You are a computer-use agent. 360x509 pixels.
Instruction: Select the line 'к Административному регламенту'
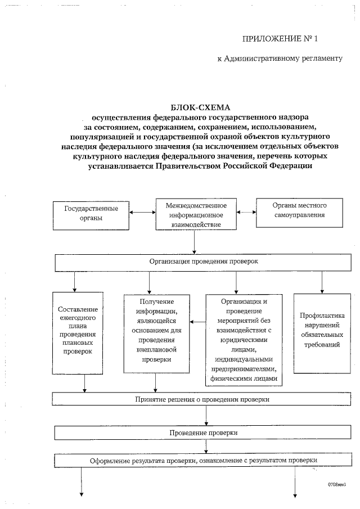tap(280, 58)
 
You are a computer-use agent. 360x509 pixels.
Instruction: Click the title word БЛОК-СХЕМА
tap(193, 107)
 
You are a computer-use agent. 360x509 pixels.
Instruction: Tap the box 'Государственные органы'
tap(91, 213)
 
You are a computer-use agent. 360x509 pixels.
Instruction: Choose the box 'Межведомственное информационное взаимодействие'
tap(195, 214)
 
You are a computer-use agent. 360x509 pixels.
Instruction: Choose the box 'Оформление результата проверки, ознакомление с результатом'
tap(203, 461)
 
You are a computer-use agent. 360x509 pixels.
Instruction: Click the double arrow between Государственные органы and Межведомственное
tap(142, 213)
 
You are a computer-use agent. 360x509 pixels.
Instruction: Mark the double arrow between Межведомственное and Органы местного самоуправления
tap(246, 213)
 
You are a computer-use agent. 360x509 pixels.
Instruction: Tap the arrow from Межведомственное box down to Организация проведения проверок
tap(195, 242)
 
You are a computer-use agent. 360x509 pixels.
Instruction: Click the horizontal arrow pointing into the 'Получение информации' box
tap(197, 322)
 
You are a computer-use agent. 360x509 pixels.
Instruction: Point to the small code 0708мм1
tap(337, 483)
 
